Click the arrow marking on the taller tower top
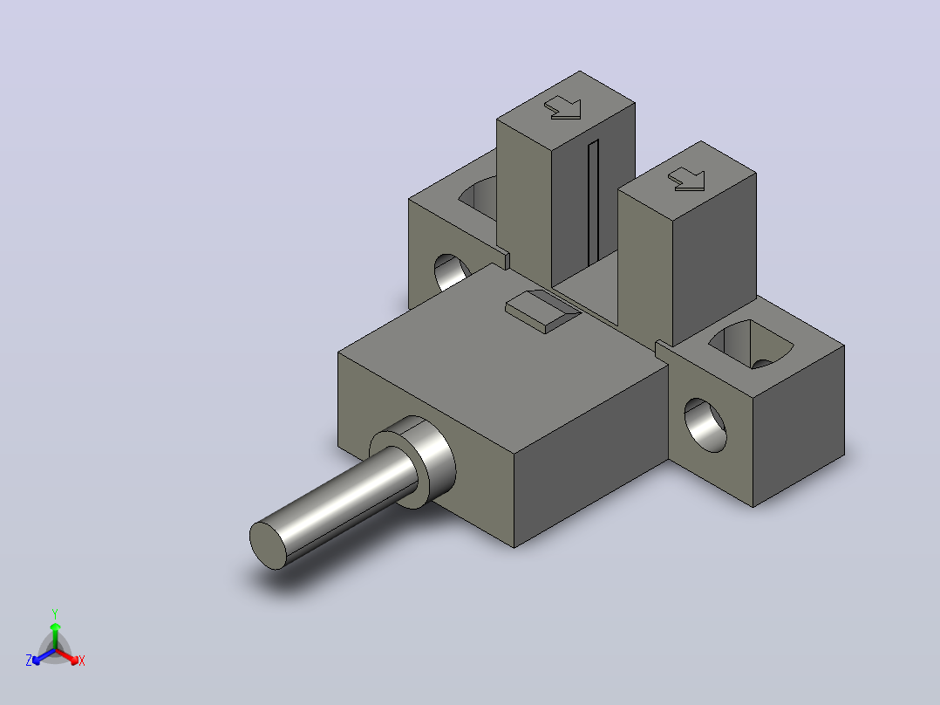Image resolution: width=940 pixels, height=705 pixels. pos(563,108)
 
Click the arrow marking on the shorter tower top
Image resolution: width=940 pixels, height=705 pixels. pos(687,179)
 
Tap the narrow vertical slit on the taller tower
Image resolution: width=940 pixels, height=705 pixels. pos(594,202)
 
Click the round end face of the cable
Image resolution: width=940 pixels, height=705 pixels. pos(268,545)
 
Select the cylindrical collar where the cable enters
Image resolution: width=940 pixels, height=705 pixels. pos(413,461)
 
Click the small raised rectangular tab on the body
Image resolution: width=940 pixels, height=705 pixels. pos(543,311)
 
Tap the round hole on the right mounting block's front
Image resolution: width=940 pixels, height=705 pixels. pos(705,425)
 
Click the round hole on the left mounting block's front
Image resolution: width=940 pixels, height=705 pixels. pos(452,272)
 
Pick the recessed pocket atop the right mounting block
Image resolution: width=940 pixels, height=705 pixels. pos(751,345)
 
